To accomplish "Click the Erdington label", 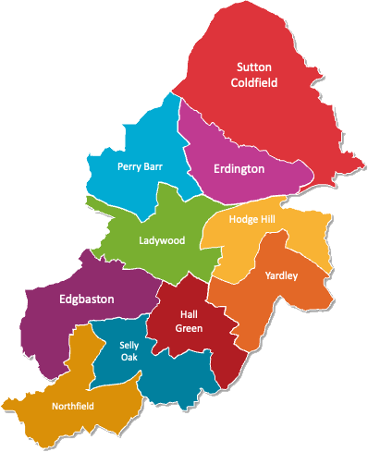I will tap(239, 169).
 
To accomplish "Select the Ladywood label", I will tap(162, 240).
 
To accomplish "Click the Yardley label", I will tap(281, 275).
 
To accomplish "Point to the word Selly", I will tap(129, 345).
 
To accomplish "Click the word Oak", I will tap(129, 358).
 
